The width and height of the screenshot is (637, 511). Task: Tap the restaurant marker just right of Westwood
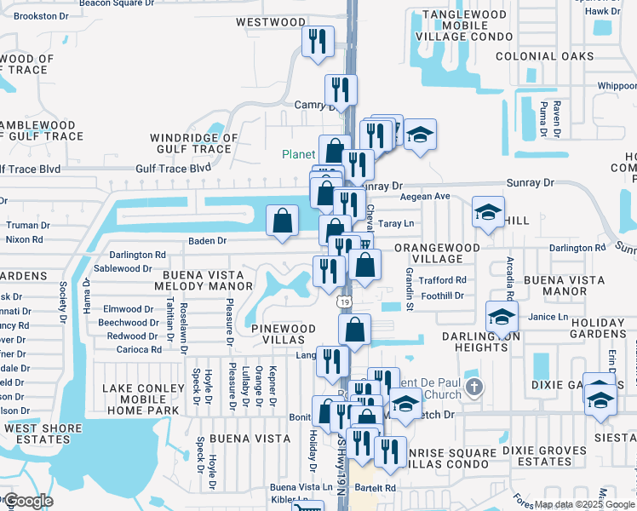point(318,42)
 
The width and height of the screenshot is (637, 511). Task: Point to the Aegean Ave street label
point(430,196)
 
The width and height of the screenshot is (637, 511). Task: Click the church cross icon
point(475,388)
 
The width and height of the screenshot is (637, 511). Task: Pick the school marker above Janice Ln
point(502,317)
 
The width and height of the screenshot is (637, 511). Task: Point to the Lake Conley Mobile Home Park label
point(143,399)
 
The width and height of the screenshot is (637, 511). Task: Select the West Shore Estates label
point(35,433)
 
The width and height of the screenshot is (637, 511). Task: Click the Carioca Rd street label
point(139,350)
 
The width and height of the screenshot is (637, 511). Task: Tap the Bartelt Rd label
point(377,488)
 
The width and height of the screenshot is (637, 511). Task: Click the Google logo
point(28,500)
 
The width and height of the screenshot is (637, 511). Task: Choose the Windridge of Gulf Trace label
point(193,143)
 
